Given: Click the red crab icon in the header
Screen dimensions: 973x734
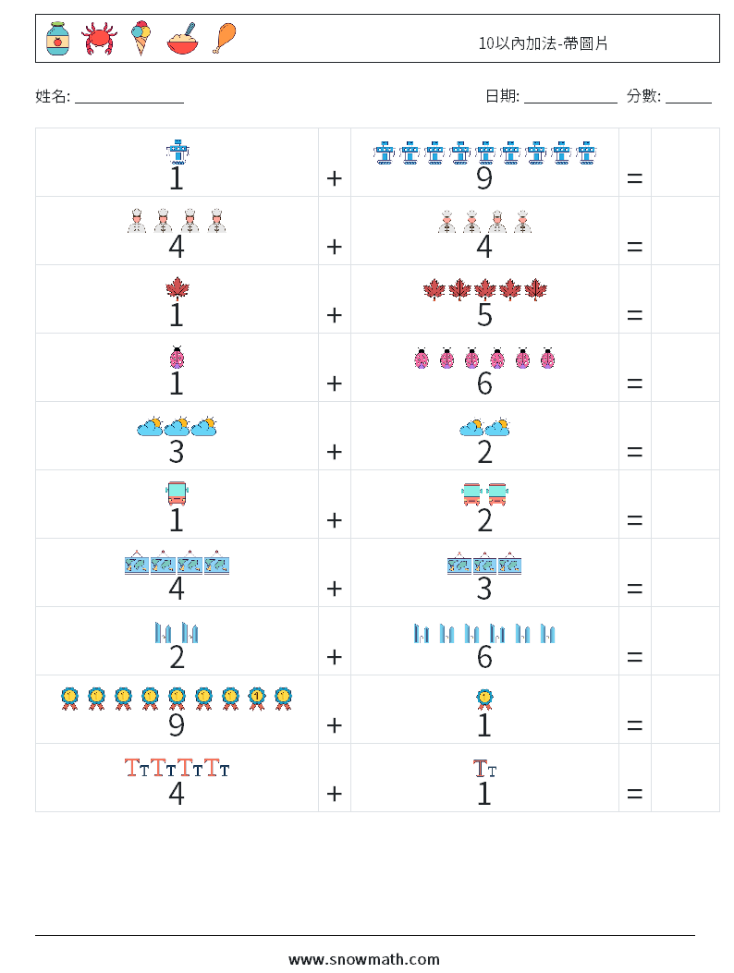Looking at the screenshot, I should tap(99, 39).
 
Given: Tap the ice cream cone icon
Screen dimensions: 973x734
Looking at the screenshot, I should tap(141, 38).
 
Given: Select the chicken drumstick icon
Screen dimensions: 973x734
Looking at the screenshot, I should tap(225, 38).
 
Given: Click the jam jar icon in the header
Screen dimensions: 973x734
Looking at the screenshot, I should tap(57, 38).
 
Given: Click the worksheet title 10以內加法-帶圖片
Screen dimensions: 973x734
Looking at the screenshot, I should tap(544, 43).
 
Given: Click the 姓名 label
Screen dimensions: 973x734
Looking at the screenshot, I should tap(52, 95).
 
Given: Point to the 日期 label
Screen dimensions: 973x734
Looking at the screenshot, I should tap(501, 95).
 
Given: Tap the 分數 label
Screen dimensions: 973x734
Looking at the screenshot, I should tap(643, 95).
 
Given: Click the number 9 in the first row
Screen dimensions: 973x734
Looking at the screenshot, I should tap(483, 178).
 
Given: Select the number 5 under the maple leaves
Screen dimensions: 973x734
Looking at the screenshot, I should tap(483, 315).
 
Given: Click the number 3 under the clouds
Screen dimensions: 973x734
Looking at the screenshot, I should tap(177, 452).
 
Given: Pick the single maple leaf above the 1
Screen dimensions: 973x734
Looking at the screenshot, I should tap(177, 289).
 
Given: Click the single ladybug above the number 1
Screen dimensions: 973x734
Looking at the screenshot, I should tap(177, 358).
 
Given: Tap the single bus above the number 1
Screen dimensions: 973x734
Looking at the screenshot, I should tap(177, 494).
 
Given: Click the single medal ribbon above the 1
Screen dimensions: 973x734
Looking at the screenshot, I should tap(483, 699).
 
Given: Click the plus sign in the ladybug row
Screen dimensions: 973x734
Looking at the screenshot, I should tap(334, 383).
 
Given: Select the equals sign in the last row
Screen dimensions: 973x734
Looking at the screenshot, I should tap(634, 793).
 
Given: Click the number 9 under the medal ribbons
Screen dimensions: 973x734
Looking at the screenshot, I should tap(177, 725).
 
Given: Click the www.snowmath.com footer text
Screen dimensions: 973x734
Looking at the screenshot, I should tap(364, 959).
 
